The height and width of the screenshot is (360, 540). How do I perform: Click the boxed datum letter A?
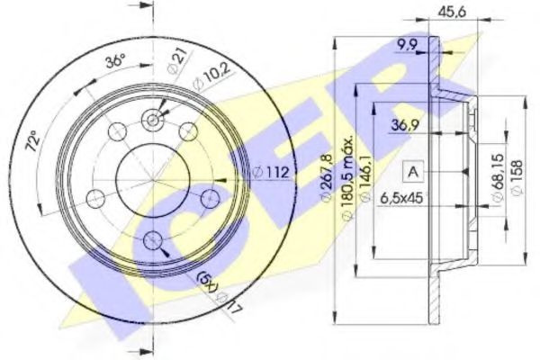click(414, 171)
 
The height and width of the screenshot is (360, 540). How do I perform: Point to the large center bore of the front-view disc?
click(153, 178)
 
